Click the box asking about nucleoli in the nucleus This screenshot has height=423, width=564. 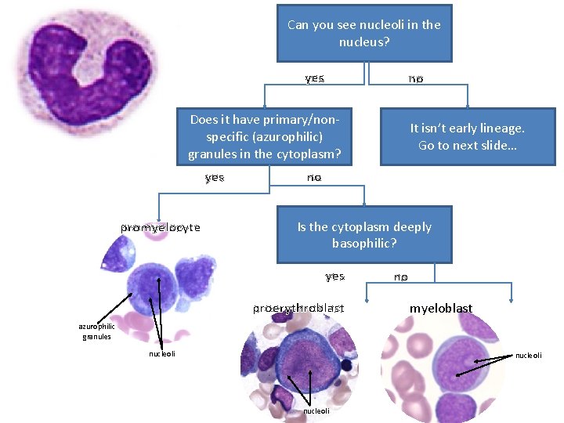pyautogui.click(x=364, y=33)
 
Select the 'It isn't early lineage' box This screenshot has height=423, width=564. pyautogui.click(x=468, y=136)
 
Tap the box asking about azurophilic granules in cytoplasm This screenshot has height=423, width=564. pyautogui.click(x=264, y=136)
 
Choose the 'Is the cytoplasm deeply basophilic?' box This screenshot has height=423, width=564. pyautogui.click(x=364, y=234)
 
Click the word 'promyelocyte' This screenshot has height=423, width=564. pyautogui.click(x=161, y=228)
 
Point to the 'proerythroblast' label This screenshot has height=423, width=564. pyautogui.click(x=298, y=309)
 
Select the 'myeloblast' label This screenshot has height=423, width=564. pyautogui.click(x=441, y=309)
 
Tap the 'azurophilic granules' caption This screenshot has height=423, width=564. pyautogui.click(x=96, y=331)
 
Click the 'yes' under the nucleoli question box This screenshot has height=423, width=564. pyautogui.click(x=315, y=78)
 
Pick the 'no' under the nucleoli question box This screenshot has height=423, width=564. pyautogui.click(x=416, y=78)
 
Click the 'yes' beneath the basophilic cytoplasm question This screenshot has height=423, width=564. pyautogui.click(x=334, y=277)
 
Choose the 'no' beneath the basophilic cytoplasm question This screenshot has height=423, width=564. pyautogui.click(x=401, y=277)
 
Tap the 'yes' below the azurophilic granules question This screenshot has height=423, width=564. pyautogui.click(x=215, y=178)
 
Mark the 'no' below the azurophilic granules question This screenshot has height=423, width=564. pyautogui.click(x=314, y=178)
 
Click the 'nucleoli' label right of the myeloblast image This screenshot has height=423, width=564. pyautogui.click(x=530, y=356)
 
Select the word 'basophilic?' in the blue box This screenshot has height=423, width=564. pyautogui.click(x=364, y=243)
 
